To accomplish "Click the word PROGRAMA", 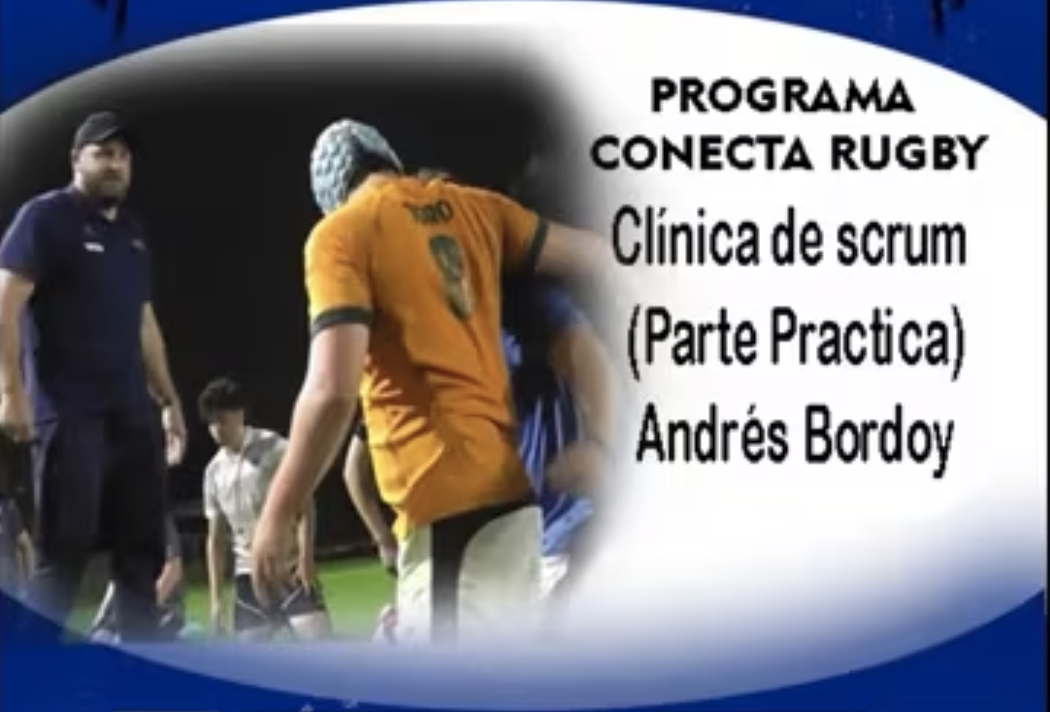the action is tap(783, 96).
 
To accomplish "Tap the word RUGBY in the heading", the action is tap(909, 153).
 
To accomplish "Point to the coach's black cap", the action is tap(99, 128).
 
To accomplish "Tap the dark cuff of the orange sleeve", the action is tap(342, 318).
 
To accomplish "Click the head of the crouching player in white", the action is tap(222, 406).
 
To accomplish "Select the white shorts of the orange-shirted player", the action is tap(469, 568).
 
